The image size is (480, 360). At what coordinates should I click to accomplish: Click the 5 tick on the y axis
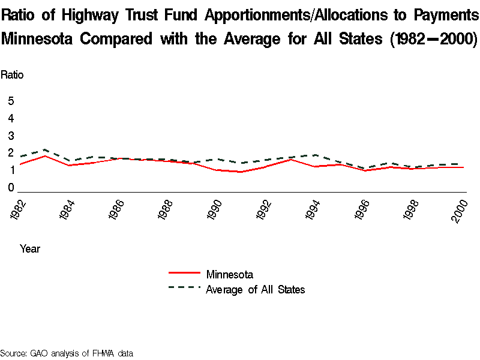click(x=11, y=101)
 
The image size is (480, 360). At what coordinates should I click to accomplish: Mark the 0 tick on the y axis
click(x=11, y=188)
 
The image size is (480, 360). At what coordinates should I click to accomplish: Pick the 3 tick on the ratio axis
click(x=11, y=136)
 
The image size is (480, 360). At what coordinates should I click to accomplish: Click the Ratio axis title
click(x=12, y=75)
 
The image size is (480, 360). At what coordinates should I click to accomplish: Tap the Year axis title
click(x=30, y=248)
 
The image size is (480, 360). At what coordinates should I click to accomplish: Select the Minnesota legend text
click(x=229, y=275)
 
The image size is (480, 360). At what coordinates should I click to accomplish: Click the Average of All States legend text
click(x=255, y=290)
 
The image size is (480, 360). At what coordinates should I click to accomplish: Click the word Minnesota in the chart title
click(x=37, y=39)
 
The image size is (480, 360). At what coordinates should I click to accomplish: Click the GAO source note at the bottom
click(x=66, y=353)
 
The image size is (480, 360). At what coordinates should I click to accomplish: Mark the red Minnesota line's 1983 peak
click(x=46, y=156)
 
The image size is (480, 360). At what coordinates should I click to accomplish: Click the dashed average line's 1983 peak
click(x=46, y=149)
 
